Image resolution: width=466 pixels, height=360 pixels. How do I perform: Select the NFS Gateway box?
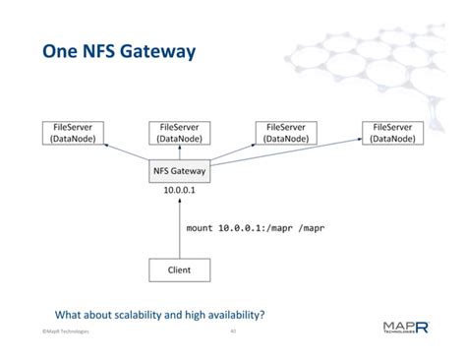(180, 169)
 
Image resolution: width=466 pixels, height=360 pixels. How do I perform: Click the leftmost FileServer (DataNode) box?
(71, 134)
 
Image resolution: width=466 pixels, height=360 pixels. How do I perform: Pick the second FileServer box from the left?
(180, 134)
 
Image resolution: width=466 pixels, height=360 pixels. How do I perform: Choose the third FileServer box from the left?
(286, 134)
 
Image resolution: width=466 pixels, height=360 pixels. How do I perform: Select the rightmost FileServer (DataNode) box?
(393, 134)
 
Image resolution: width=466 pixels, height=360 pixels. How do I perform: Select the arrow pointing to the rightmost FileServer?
(295, 156)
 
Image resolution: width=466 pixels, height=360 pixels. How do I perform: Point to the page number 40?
(232, 331)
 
